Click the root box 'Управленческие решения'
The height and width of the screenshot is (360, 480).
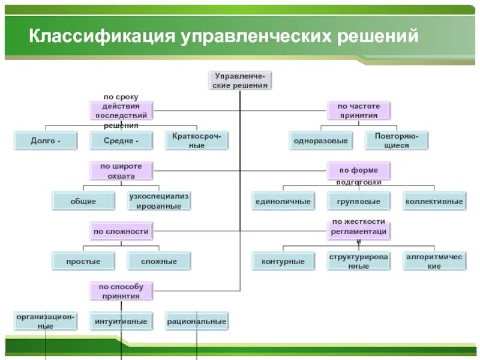pyautogui.click(x=241, y=80)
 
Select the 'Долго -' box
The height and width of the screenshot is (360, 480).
pyautogui.click(x=46, y=141)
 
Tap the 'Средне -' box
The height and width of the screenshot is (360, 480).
pyautogui.click(x=121, y=141)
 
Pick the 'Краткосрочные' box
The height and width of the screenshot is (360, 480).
pyautogui.click(x=197, y=141)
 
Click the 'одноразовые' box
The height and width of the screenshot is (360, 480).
pyautogui.click(x=320, y=141)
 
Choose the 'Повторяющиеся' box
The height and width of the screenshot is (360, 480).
pyautogui.click(x=397, y=141)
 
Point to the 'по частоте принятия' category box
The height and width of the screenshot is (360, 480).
pyautogui.click(x=358, y=110)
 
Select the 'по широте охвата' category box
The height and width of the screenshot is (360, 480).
pyautogui.click(x=121, y=171)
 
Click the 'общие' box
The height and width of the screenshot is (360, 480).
pyautogui.click(x=83, y=201)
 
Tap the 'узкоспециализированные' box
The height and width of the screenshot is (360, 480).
pyautogui.click(x=159, y=201)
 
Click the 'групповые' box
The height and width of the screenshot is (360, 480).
pyautogui.click(x=359, y=201)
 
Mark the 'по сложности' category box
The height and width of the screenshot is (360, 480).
pyautogui.click(x=121, y=231)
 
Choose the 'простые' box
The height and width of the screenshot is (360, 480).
pyautogui.click(x=83, y=261)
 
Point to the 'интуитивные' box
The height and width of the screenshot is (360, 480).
pyautogui.click(x=121, y=322)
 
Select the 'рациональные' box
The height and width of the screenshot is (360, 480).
pyautogui.click(x=197, y=322)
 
